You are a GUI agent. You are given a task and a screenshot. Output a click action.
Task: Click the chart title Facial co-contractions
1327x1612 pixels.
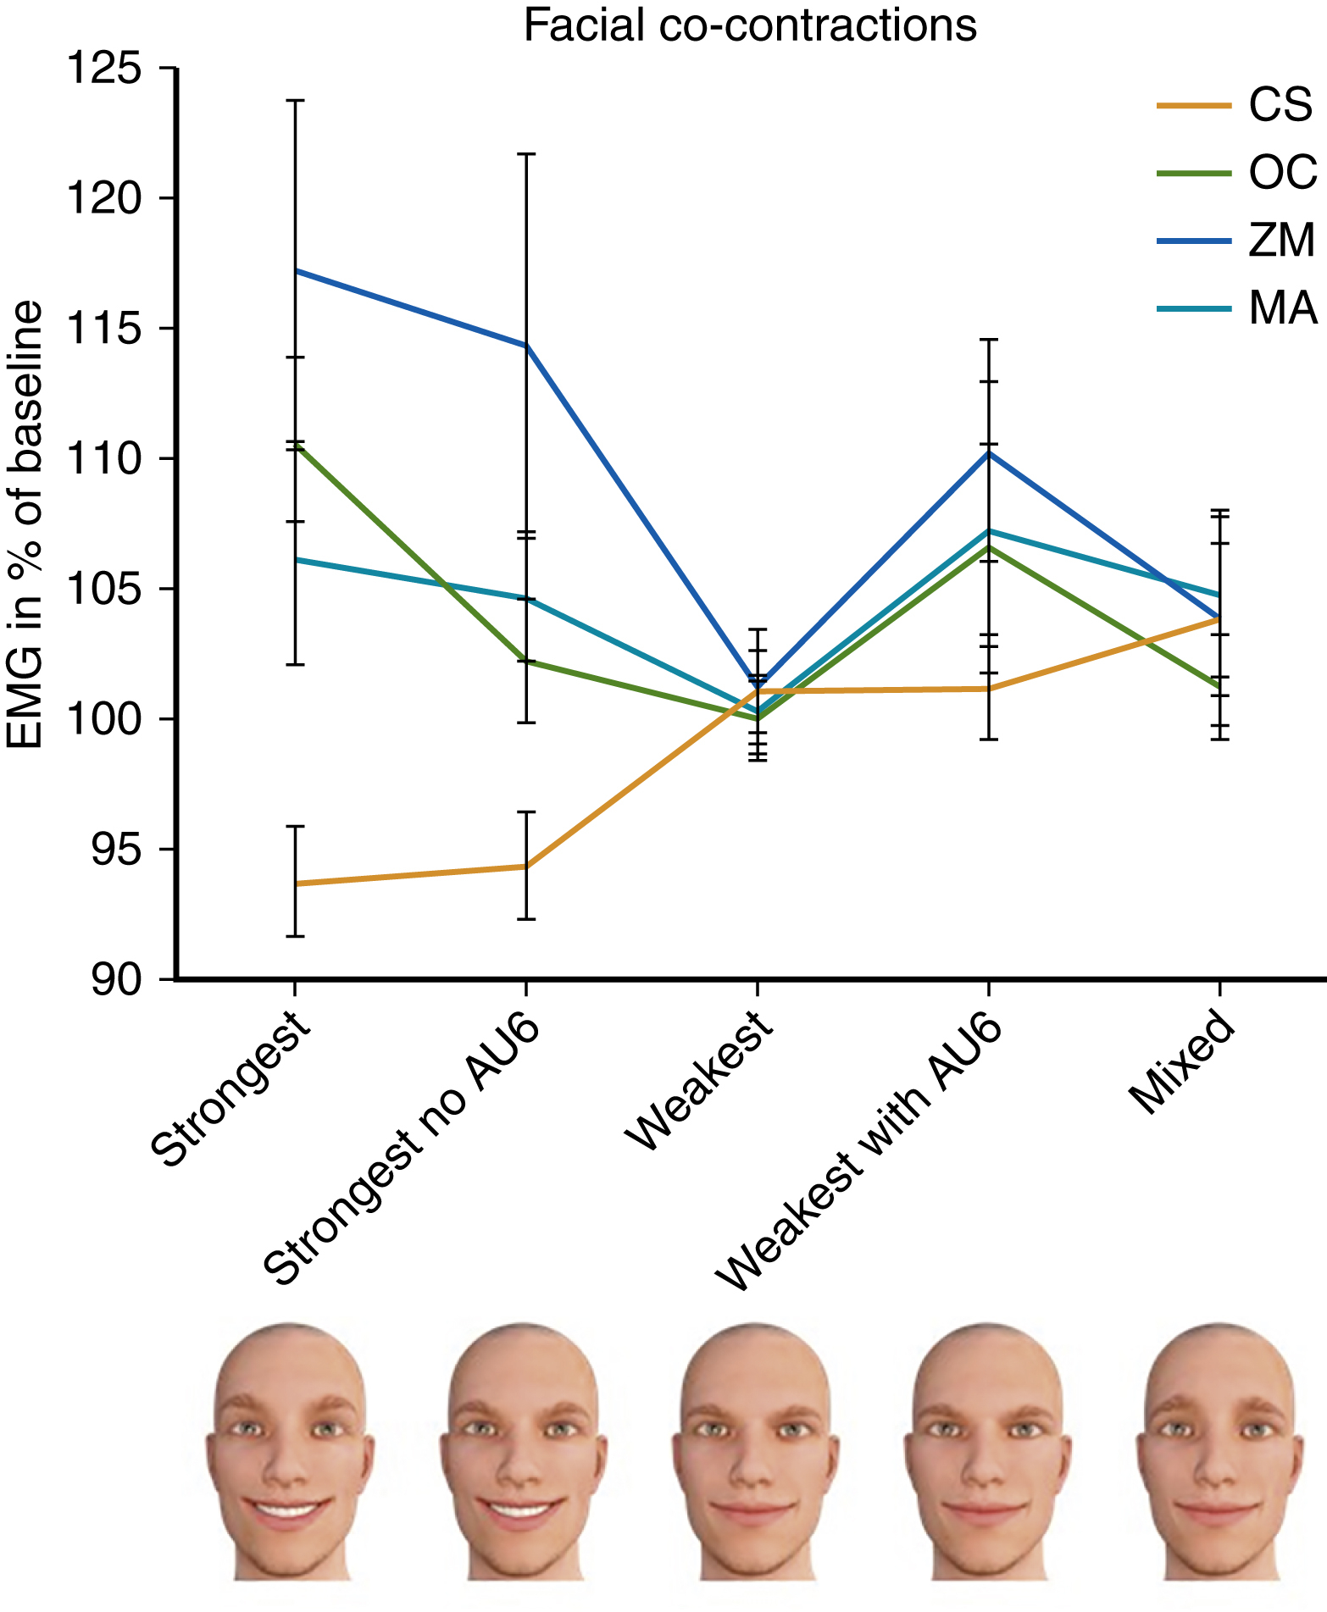749,25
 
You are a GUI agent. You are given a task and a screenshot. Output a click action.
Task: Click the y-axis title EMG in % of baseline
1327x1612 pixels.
25,525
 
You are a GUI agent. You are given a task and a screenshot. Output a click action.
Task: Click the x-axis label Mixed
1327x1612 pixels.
1182,1063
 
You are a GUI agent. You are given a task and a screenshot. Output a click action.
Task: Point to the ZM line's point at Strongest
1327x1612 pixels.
295,270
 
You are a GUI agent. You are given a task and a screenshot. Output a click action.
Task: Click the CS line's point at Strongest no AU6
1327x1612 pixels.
526,866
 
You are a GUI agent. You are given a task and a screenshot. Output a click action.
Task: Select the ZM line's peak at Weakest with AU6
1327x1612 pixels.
988,453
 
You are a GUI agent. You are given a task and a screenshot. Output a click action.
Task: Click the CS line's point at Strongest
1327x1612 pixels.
295,884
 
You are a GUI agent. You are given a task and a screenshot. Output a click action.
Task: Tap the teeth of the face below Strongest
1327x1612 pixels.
289,1509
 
